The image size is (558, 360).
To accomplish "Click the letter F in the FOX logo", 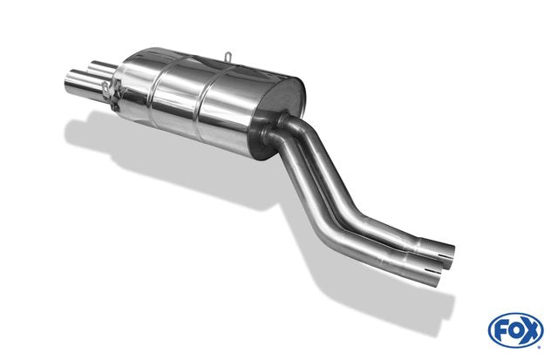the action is click(500, 331).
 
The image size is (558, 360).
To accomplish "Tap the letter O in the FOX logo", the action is click(515, 331).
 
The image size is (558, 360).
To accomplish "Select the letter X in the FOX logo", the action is click(531, 331).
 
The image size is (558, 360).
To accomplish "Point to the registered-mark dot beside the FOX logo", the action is click(541, 347).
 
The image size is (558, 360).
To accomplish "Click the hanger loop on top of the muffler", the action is click(228, 57).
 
